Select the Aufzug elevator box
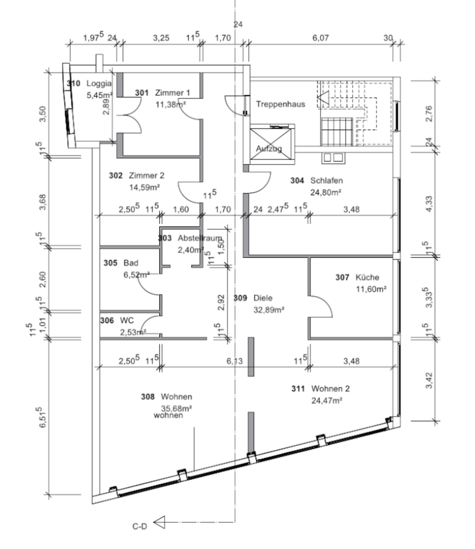tap(270, 140)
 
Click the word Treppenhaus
tap(280, 104)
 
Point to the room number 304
tap(297, 180)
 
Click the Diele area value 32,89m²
tap(269, 310)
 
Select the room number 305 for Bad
tap(110, 264)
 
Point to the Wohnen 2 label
tap(329, 389)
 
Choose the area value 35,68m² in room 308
tap(176, 408)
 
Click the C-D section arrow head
tap(160, 522)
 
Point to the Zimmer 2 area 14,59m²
tap(143, 186)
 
